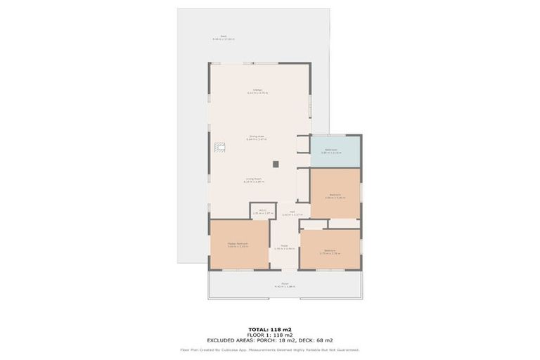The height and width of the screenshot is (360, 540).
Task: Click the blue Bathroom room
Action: click(335, 151)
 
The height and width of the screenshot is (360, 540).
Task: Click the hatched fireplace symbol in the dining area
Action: click(221, 147)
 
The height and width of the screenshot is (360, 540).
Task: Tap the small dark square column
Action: click(276, 164)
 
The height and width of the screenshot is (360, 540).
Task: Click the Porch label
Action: click(285, 285)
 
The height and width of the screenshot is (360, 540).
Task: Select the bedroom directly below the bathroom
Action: click(335, 196)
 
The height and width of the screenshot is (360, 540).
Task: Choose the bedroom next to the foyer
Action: click(329, 252)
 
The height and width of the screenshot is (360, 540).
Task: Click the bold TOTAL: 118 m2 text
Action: click(270, 329)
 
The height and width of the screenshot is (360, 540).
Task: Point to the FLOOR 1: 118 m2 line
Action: click(270, 334)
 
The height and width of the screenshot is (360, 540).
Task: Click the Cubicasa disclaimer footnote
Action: click(270, 349)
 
